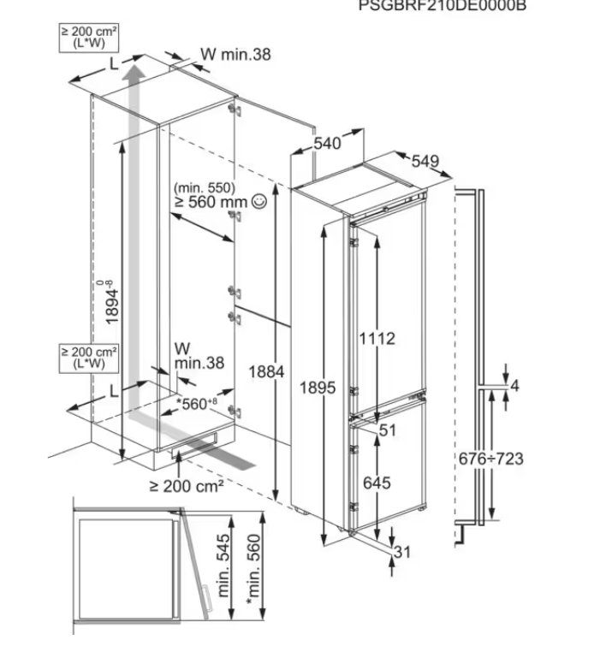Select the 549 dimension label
point(425,161)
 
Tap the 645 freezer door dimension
point(376,483)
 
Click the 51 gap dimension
point(388,431)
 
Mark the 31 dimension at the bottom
point(402,552)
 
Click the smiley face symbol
point(258,203)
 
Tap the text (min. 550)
point(203,187)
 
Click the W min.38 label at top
point(235,54)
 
